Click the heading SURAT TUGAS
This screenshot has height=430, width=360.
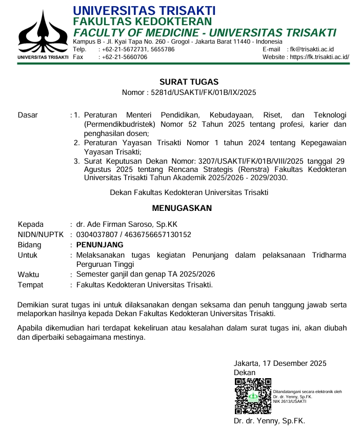pos(189,82)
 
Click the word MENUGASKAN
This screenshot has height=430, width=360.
pos(182,208)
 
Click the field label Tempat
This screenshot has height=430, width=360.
pos(30,285)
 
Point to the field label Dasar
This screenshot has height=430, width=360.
pos(28,115)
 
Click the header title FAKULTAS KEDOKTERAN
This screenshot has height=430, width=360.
pos(143,21)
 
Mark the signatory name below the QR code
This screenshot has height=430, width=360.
pos(269,421)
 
